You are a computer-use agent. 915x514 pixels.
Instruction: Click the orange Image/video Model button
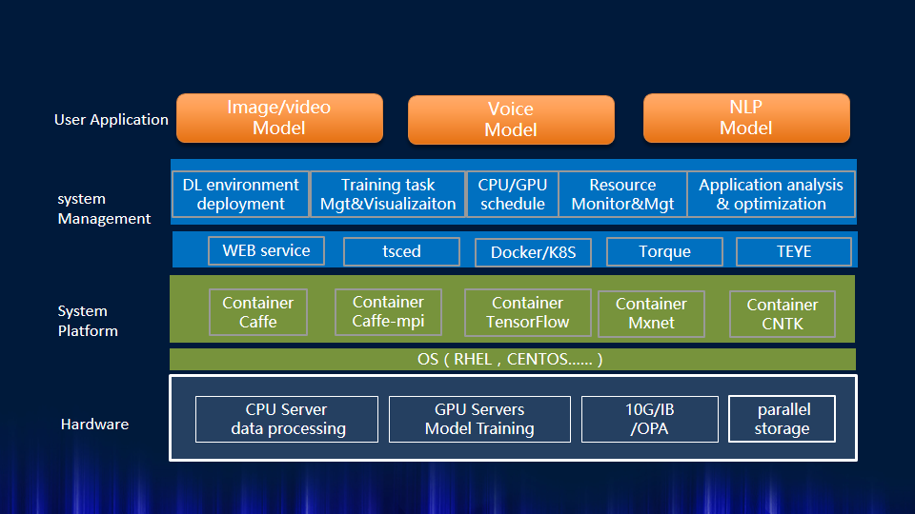point(279,118)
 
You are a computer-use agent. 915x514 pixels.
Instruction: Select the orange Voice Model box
point(511,120)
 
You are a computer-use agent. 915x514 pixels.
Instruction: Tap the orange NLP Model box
point(746,118)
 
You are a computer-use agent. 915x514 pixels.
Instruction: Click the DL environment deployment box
point(240,194)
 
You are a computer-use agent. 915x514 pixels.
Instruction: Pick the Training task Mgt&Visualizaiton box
point(387,194)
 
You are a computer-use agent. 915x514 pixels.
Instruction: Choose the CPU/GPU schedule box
point(512,194)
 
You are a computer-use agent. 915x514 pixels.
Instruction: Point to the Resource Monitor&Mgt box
point(622,194)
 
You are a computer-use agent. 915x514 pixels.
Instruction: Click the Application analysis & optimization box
point(771,194)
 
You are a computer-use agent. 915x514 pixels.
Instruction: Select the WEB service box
point(266,251)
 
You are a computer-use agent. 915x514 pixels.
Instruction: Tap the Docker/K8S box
point(533,252)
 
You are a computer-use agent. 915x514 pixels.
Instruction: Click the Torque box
point(663,252)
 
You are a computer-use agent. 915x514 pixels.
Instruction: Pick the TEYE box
point(794,252)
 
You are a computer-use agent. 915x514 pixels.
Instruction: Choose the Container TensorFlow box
point(527,313)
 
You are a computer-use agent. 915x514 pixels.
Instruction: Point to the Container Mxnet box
point(651,313)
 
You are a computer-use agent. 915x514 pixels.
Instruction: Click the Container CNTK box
point(782,314)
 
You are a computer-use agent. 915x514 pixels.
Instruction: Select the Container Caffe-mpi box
point(388,312)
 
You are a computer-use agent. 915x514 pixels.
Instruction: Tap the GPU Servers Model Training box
point(479,419)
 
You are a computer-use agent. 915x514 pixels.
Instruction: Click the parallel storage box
point(782,419)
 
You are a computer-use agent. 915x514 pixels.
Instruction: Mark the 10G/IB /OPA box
point(649,419)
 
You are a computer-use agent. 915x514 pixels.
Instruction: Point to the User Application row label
point(112,120)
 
